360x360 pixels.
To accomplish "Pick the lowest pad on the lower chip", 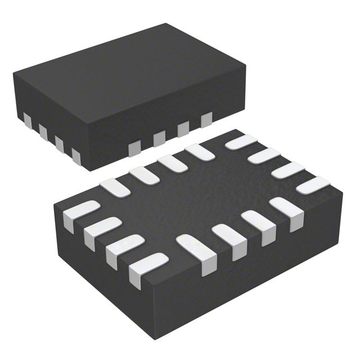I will point(147,269).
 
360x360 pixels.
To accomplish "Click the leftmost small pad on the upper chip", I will point(26,119).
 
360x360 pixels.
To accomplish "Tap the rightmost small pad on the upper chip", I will point(206,118).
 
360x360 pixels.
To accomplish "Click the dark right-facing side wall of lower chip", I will point(270,259).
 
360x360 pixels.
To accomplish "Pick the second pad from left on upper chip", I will point(43,130).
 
